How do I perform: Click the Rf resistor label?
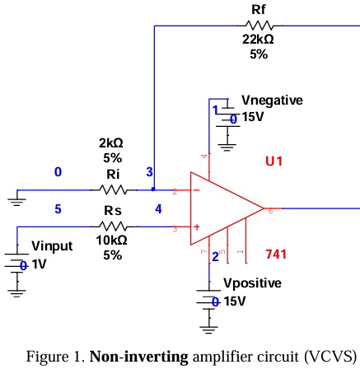pos(258,9)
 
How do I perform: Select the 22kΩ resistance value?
pos(258,40)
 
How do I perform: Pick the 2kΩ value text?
pos(112,143)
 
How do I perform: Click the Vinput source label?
pos(53,246)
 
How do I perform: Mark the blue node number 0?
pos(58,172)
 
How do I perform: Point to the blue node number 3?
pos(149,172)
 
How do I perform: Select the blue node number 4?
pos(157,209)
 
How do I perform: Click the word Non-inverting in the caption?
pos(138,357)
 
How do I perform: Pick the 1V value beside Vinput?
pos(39,265)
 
